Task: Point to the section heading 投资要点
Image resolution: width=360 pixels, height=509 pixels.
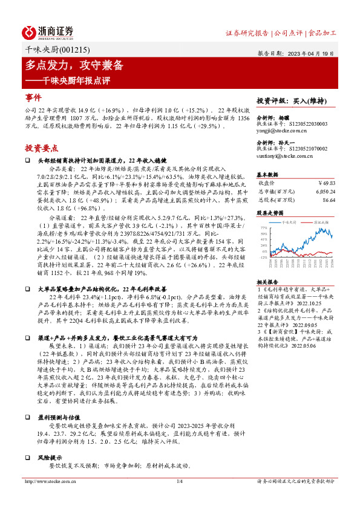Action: (42, 148)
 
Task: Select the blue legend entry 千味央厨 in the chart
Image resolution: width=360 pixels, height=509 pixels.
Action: (290, 222)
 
